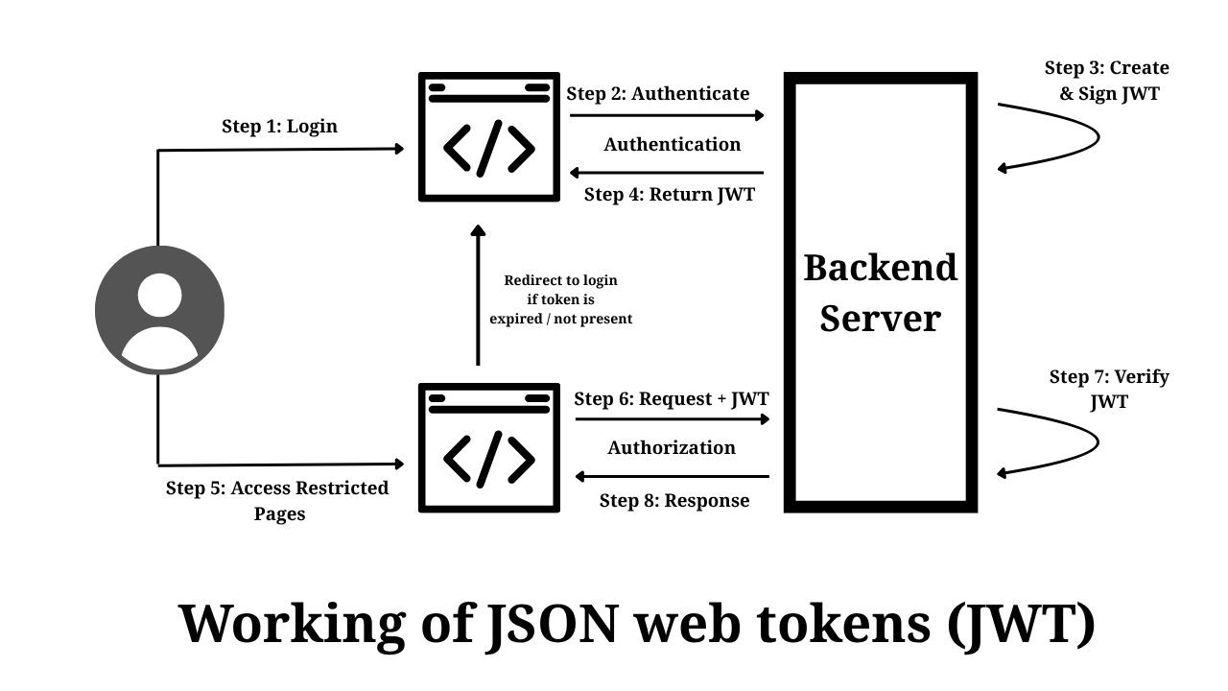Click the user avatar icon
point(159,310)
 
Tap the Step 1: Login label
point(279,126)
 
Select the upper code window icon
point(489,137)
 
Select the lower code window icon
point(489,447)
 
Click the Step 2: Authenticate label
point(658,93)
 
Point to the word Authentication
point(672,144)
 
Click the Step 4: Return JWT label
point(670,194)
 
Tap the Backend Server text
point(880,292)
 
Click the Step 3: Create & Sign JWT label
point(1107,81)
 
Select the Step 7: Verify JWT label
point(1109,389)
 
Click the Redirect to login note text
point(561,299)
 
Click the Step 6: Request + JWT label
point(672,398)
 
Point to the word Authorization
point(672,447)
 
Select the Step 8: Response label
point(674,500)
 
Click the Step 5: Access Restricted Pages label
point(278,500)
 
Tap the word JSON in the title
point(551,623)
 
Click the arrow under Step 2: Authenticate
point(667,116)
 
